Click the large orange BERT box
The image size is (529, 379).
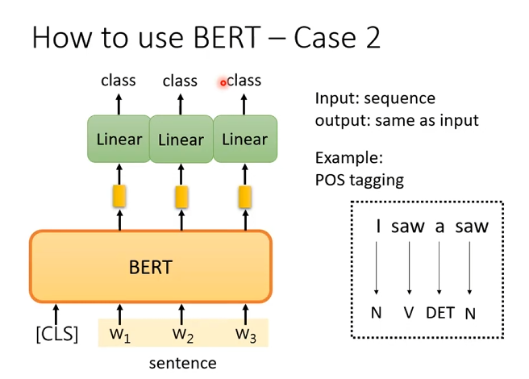click(x=151, y=266)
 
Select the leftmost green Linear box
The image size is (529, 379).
click(x=119, y=140)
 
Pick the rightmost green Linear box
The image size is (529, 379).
click(x=244, y=140)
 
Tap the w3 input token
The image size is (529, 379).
click(x=245, y=334)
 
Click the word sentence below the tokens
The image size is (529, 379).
click(x=182, y=363)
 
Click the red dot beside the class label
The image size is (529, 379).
click(x=223, y=82)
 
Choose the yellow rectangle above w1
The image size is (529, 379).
click(x=119, y=195)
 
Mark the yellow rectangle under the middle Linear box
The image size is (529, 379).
click(x=181, y=195)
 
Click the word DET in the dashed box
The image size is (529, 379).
click(x=439, y=312)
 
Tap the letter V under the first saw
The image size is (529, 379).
click(x=409, y=312)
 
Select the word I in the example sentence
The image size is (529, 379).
click(x=378, y=227)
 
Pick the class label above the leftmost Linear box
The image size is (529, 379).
click(x=119, y=81)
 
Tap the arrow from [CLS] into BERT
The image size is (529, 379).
click(x=57, y=313)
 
